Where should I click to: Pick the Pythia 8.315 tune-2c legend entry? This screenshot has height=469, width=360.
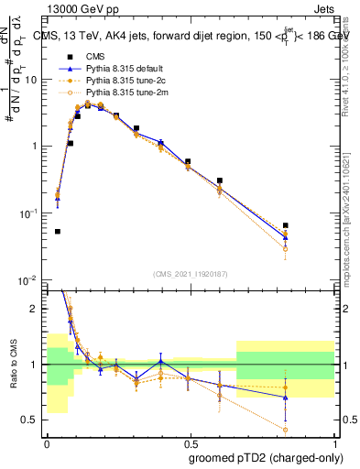125,81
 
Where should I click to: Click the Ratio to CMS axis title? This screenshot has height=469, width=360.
12,364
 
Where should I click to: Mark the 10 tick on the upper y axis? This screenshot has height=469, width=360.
35,80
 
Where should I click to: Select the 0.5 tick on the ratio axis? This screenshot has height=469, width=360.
34,420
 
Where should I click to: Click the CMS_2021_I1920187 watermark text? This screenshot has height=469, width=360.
190,274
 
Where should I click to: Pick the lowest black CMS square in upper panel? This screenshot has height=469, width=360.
58,232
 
